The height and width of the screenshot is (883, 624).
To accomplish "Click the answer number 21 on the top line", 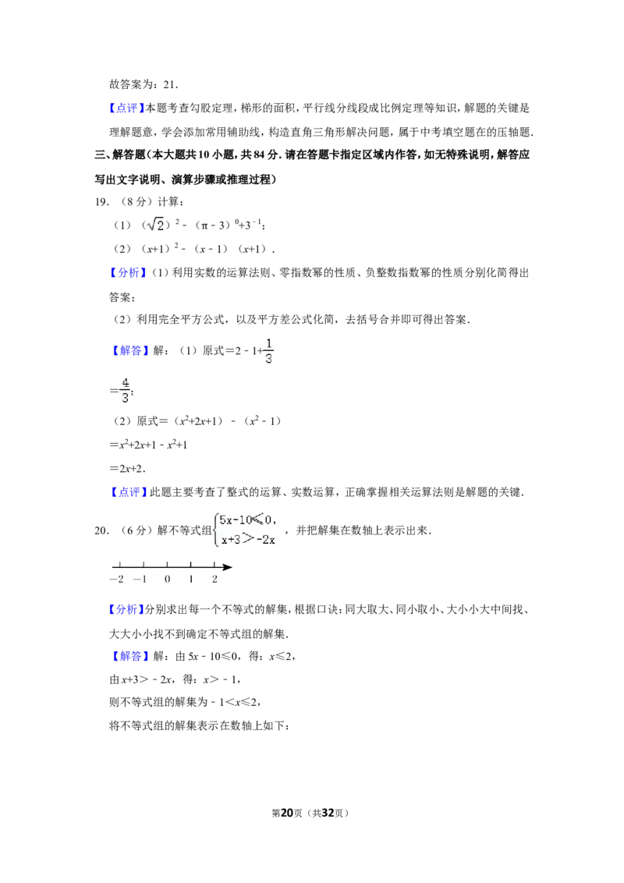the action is click(x=170, y=85).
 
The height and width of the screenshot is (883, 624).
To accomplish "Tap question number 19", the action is click(x=101, y=201).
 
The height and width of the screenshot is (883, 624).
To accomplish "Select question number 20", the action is click(x=101, y=530).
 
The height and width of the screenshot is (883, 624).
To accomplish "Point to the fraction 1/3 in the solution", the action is click(x=268, y=351).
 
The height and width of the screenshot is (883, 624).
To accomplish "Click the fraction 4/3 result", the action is click(x=125, y=390).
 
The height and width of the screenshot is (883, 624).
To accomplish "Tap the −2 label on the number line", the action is click(x=117, y=580).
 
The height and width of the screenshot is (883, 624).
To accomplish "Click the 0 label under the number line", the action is click(x=167, y=580).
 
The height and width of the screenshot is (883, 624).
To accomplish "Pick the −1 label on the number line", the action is click(x=140, y=580).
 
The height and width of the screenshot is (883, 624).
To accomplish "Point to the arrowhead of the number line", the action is click(x=227, y=567).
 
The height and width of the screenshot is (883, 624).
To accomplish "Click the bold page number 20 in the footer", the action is click(x=287, y=813).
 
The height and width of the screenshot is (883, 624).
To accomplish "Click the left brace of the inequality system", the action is click(x=216, y=530).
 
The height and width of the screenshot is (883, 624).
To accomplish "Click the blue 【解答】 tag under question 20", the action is click(x=128, y=656).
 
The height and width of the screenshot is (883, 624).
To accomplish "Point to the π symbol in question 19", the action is click(x=205, y=225).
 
